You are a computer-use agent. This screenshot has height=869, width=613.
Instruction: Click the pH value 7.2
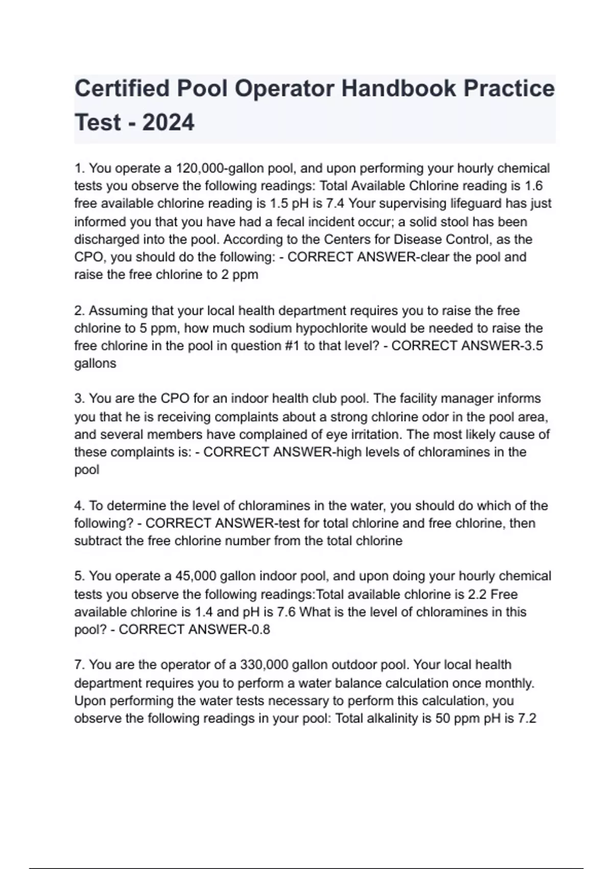(x=527, y=718)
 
